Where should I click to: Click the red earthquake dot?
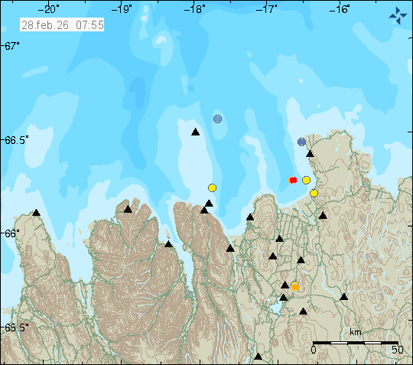293,181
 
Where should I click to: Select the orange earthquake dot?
295,287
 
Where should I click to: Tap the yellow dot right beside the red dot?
306,180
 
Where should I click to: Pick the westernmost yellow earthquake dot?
212,187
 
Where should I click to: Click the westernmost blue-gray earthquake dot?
218,119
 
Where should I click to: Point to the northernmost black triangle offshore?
195,132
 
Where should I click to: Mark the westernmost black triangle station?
36,213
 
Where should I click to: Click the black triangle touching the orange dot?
285,285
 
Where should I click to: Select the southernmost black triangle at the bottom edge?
259,357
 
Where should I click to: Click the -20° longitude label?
51,10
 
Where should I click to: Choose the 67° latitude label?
12,47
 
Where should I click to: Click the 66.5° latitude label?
16,140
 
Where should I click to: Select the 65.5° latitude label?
16,328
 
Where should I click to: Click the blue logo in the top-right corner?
398,15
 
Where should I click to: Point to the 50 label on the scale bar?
398,350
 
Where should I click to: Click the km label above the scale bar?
356,332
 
